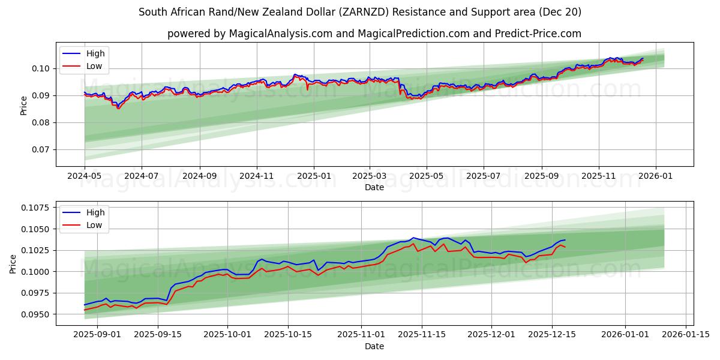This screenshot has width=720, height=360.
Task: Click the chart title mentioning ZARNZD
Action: [x=359, y=12]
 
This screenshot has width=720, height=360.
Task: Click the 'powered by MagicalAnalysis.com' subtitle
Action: [x=374, y=34]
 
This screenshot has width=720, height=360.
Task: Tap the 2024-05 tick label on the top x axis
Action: [x=85, y=176]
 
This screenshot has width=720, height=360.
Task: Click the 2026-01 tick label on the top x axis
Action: [x=655, y=176]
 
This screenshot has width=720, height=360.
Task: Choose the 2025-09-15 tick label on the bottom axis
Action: [x=158, y=335]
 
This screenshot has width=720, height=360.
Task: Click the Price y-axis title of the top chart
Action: [x=24, y=105]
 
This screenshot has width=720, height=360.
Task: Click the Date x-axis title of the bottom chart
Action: [x=374, y=346]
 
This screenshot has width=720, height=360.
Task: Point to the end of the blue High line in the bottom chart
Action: [x=565, y=240]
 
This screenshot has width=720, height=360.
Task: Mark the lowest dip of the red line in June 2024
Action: [x=118, y=109]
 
